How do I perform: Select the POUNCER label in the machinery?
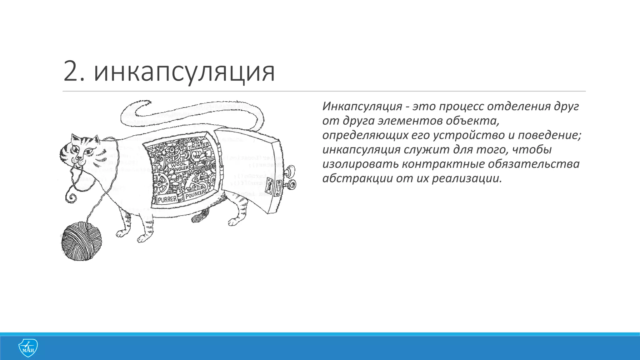[x=195, y=194]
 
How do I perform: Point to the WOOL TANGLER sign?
[x=179, y=166]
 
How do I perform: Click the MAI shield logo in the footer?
[x=28, y=347]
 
